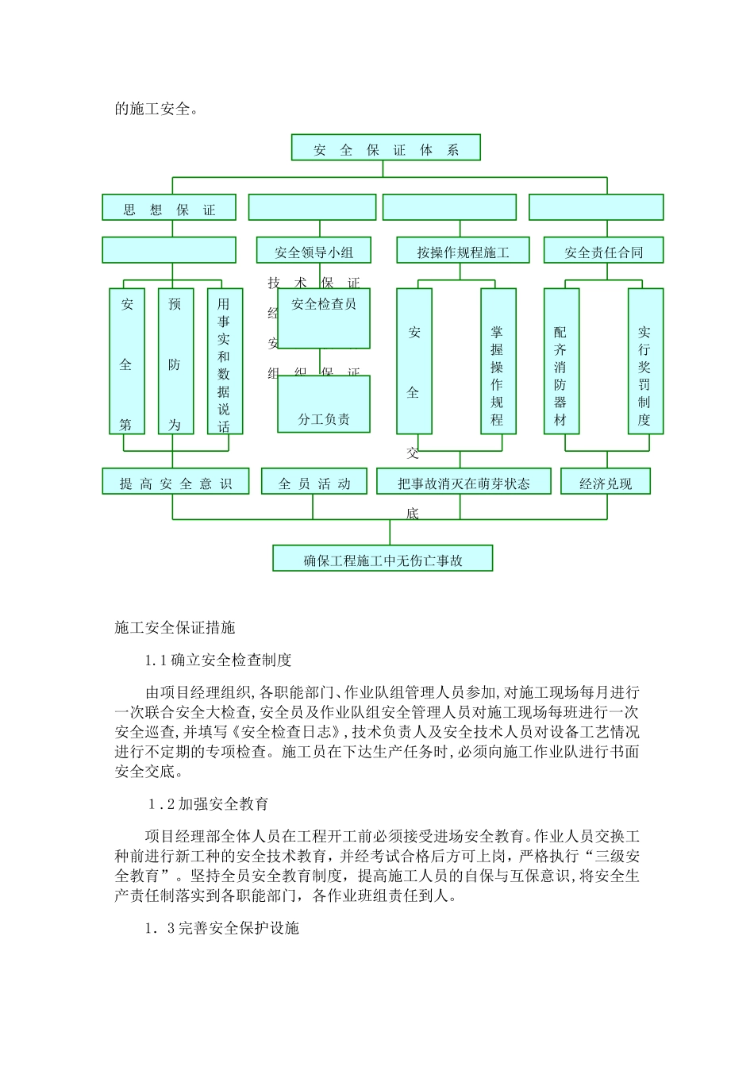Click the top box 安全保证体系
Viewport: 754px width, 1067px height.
[x=386, y=148]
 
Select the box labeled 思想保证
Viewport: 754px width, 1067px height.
[x=169, y=209]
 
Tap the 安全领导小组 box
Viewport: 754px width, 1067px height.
[x=314, y=252]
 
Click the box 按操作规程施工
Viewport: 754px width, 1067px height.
[x=463, y=252]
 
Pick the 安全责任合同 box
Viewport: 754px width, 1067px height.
[x=603, y=252]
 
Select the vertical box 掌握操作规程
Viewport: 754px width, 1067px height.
[x=498, y=361]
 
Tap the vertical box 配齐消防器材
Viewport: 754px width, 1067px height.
[x=561, y=361]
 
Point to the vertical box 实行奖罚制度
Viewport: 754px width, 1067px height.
[x=644, y=361]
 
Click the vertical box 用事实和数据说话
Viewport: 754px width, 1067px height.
[x=225, y=361]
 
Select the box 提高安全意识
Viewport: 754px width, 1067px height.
[x=175, y=483]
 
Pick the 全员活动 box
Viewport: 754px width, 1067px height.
[x=314, y=483]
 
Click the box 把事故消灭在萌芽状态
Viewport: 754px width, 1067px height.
[x=464, y=483]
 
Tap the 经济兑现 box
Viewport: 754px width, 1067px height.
[x=606, y=483]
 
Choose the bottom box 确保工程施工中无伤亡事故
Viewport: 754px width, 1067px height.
[x=383, y=559]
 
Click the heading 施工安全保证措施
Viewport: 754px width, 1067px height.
[x=175, y=627]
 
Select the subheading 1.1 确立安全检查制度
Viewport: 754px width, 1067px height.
[x=218, y=660]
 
